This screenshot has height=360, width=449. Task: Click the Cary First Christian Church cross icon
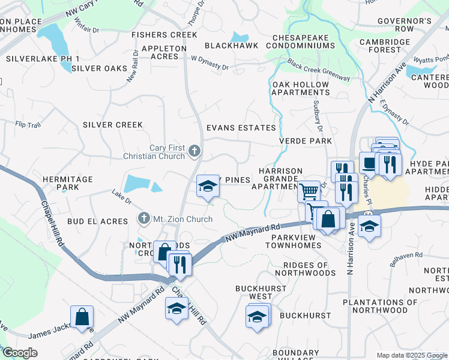[194, 150]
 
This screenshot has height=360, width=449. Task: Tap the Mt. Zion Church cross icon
[143, 218]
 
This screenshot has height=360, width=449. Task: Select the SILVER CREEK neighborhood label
[113, 125]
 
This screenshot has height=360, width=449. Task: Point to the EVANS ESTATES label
[241, 128]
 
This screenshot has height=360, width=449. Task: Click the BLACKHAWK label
[231, 46]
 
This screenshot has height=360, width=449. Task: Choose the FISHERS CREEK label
[164, 35]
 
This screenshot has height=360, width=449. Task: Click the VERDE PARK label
[306, 141]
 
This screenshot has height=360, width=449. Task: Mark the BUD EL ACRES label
[97, 221]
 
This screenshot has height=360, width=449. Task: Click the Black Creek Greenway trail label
[318, 70]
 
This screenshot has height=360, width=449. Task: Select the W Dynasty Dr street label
[209, 63]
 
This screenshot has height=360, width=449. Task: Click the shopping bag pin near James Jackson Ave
[82, 317]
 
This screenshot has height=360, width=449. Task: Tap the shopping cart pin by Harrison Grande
[309, 191]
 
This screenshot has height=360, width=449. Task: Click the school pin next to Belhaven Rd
[370, 227]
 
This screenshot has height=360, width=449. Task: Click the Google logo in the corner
[20, 353]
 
